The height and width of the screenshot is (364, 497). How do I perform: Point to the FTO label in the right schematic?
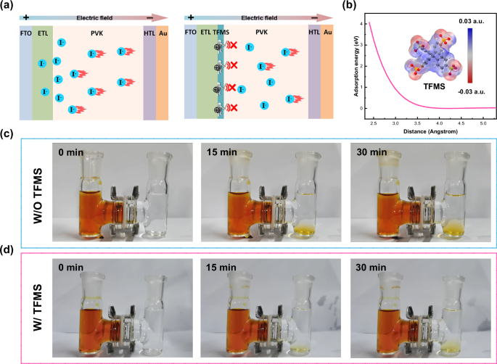[191, 32]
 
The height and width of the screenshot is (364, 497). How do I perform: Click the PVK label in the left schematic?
[98, 32]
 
